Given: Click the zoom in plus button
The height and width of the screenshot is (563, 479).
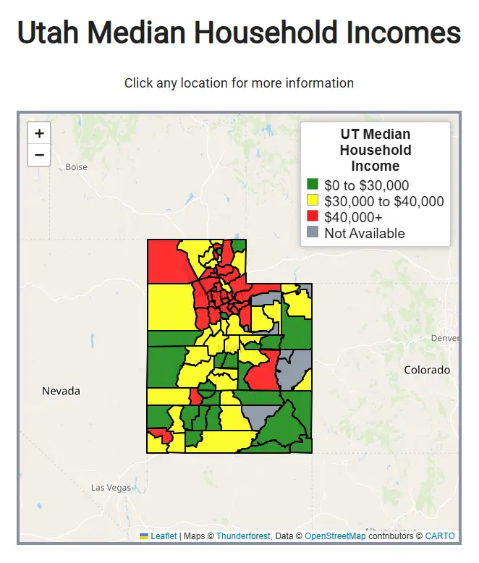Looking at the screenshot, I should pyautogui.click(x=39, y=133).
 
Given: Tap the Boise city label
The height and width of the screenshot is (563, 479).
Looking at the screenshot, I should pyautogui.click(x=76, y=167).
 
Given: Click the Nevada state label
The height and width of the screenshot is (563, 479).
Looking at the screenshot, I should pyautogui.click(x=61, y=391).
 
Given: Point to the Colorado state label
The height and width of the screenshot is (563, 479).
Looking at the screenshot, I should pyautogui.click(x=427, y=370).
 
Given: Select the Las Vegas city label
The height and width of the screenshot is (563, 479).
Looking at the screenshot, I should pyautogui.click(x=111, y=488).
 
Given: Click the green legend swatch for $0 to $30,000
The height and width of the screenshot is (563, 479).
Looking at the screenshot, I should pyautogui.click(x=313, y=185).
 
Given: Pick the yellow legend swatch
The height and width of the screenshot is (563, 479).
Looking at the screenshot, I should pyautogui.click(x=313, y=200).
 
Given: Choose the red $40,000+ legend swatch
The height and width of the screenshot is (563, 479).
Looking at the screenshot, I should pyautogui.click(x=313, y=216).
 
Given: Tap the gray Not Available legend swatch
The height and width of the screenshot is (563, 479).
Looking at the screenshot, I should pyautogui.click(x=313, y=232).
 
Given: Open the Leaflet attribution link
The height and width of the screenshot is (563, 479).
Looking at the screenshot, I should pyautogui.click(x=164, y=536).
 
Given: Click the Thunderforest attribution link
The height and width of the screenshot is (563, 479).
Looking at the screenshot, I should pyautogui.click(x=242, y=536).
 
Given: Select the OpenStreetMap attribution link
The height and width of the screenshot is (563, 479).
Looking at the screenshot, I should pyautogui.click(x=335, y=536).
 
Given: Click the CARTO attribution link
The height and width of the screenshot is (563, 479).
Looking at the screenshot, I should pyautogui.click(x=440, y=536).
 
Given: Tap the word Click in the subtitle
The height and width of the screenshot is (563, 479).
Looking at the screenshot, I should pyautogui.click(x=138, y=83).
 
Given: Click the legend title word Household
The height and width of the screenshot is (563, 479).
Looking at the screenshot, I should pyautogui.click(x=376, y=150).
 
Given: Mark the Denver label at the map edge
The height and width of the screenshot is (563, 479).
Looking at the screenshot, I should pyautogui.click(x=444, y=339).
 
